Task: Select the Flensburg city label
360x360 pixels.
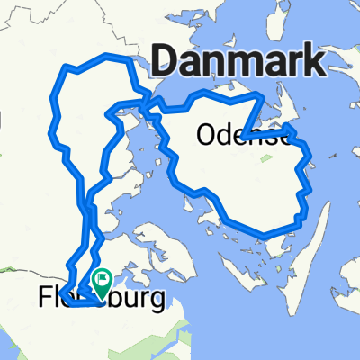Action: coord(103,296)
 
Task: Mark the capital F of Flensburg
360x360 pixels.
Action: coord(47,297)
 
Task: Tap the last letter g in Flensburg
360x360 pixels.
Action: coord(158,300)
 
